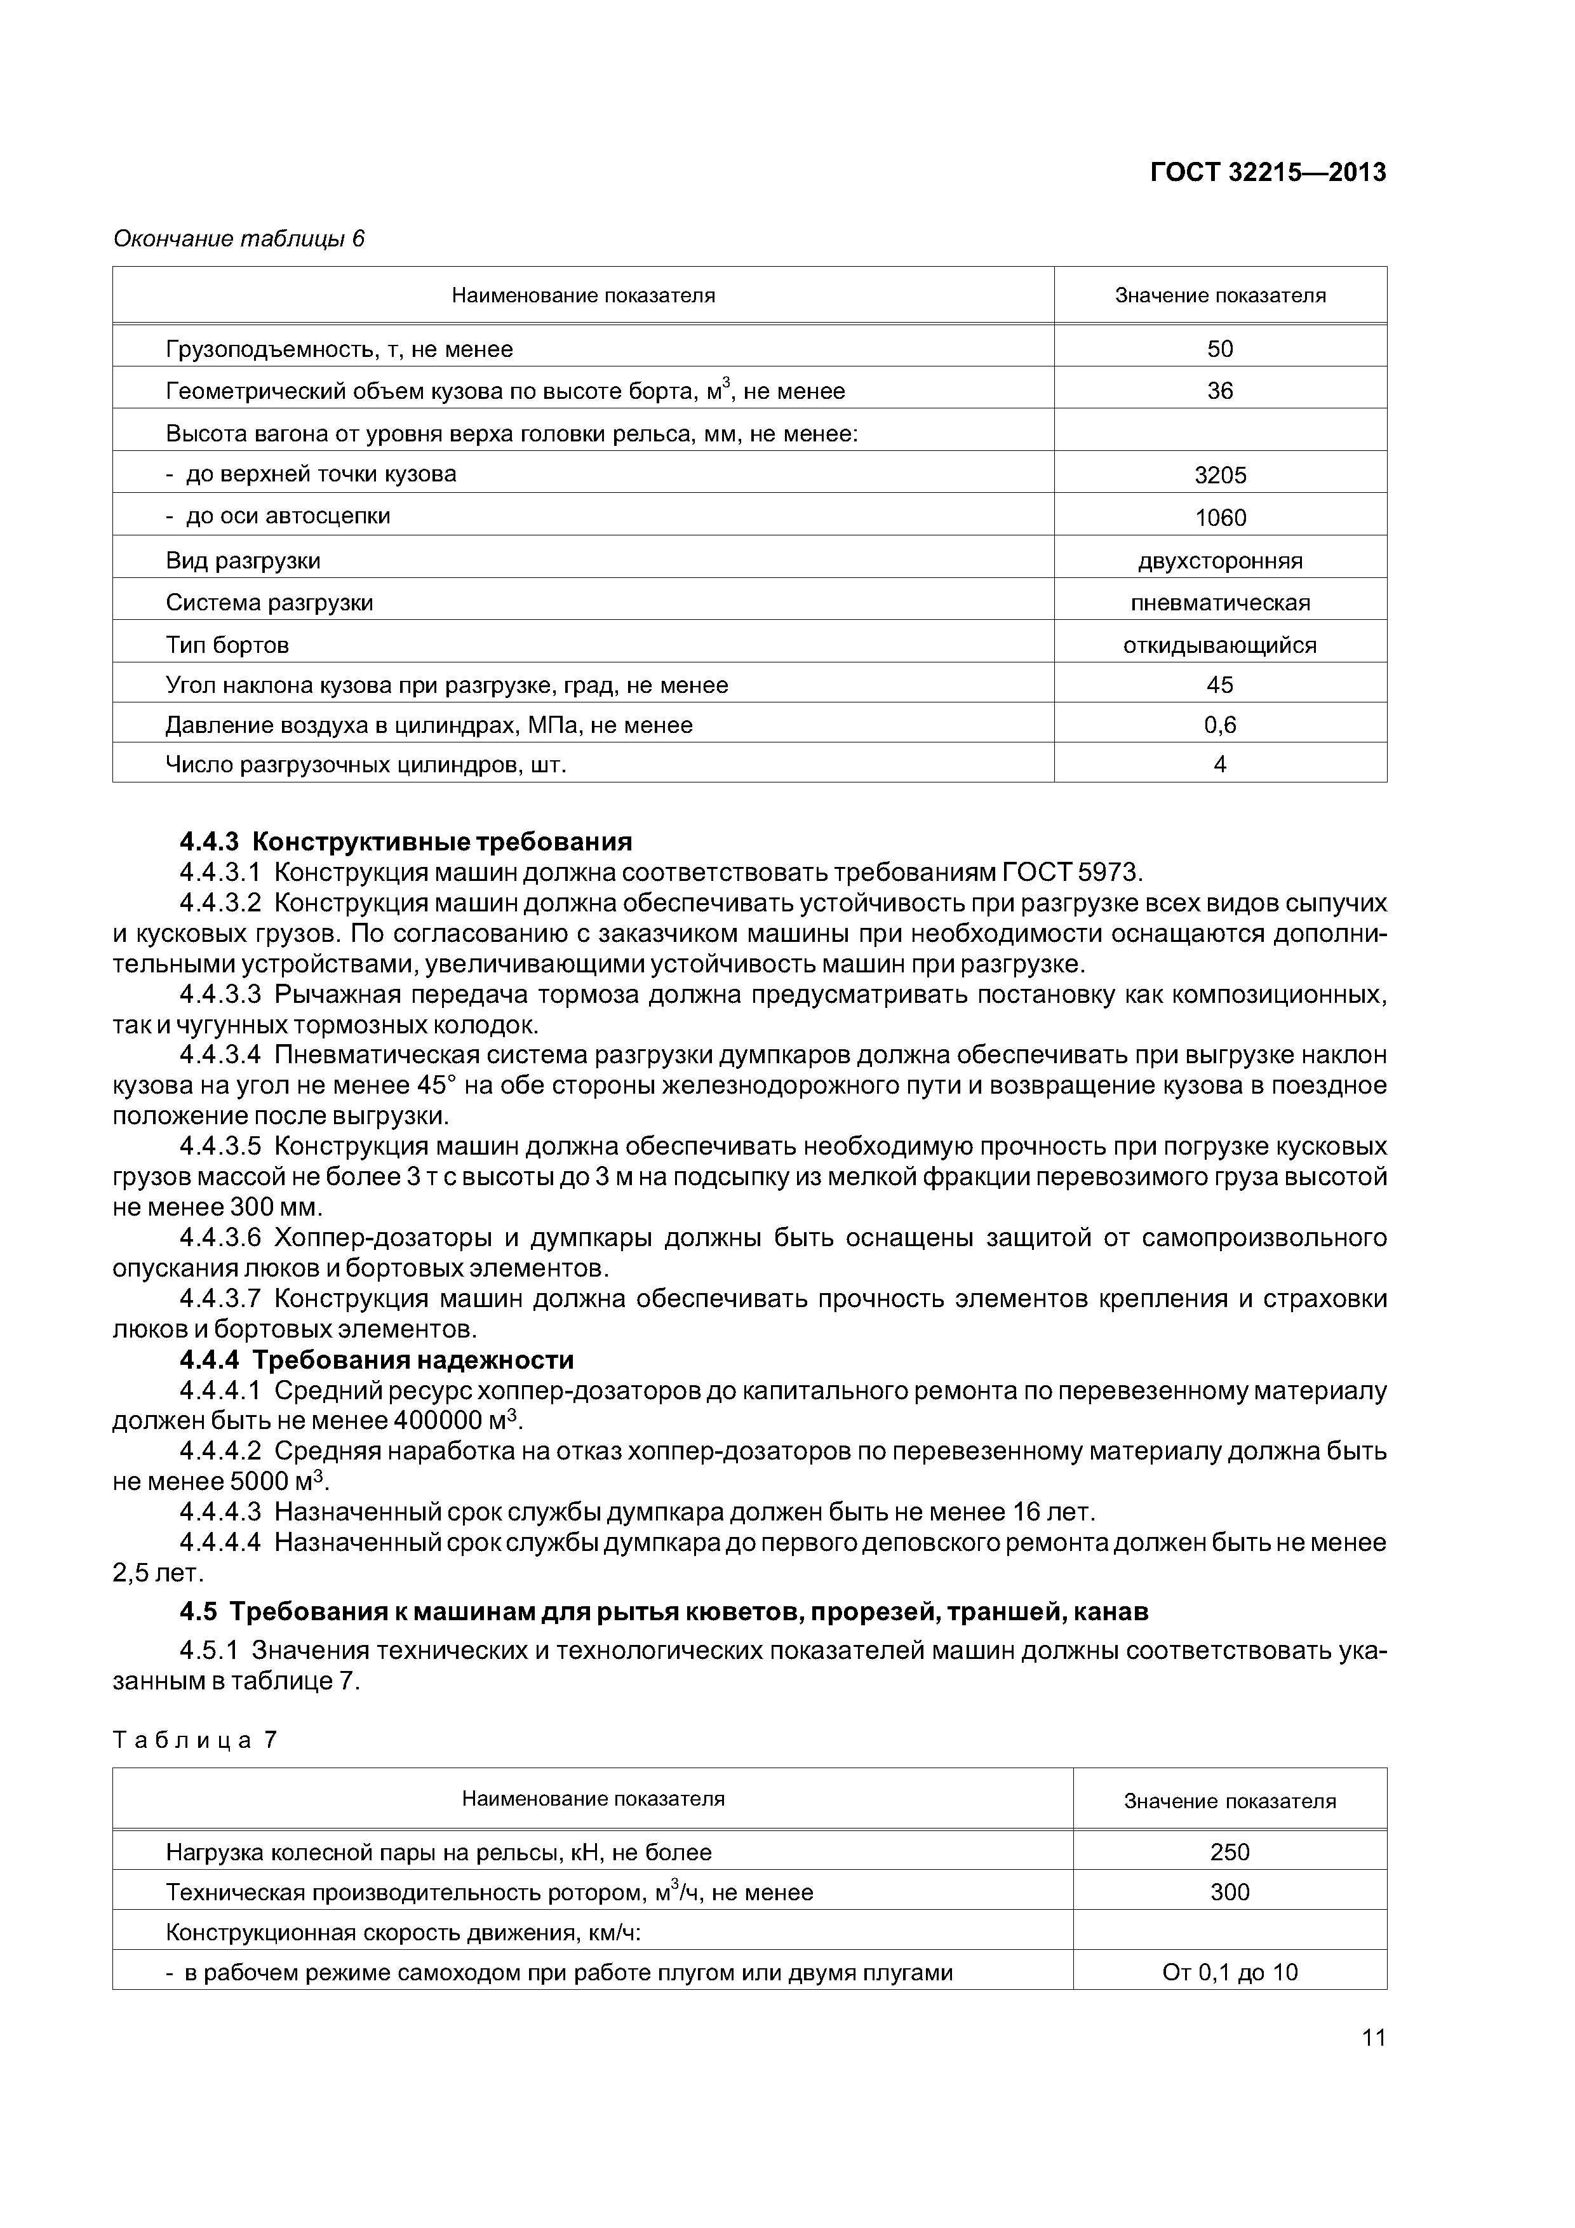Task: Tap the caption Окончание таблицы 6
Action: tap(239, 239)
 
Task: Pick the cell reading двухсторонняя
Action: tap(1220, 561)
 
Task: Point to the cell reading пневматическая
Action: tap(1220, 603)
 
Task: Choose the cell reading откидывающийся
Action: tap(1220, 645)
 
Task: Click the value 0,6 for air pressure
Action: tap(1220, 725)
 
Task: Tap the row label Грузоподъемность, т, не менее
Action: tap(340, 349)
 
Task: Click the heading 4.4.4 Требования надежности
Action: tap(377, 1360)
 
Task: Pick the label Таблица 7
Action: tap(195, 1740)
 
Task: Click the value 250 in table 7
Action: tap(1230, 1853)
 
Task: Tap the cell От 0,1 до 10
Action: tap(1230, 1973)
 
